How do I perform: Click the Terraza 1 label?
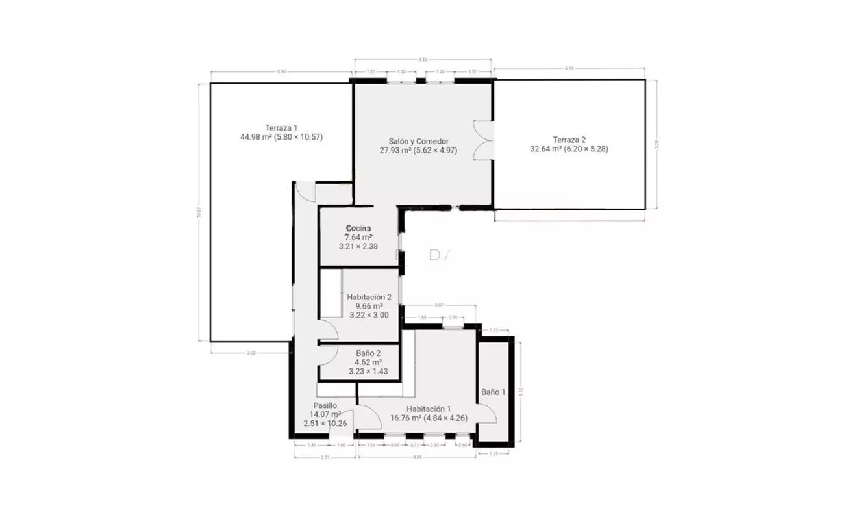pos(281,127)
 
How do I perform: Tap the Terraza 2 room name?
pos(569,139)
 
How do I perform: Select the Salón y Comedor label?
pos(418,141)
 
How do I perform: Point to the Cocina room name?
pos(358,228)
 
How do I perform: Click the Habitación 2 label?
pos(369,297)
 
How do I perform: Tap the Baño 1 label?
pos(493,392)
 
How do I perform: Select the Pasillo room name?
pos(325,405)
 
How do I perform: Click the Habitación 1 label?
pos(429,409)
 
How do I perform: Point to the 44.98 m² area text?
pos(255,137)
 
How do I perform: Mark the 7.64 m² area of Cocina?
pos(358,237)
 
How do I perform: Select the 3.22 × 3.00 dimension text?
pos(369,315)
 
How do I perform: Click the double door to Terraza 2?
pos(484,140)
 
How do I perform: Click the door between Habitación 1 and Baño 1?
pos(487,413)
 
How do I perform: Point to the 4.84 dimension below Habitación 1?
pos(418,457)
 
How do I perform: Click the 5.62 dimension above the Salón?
pos(423,60)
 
